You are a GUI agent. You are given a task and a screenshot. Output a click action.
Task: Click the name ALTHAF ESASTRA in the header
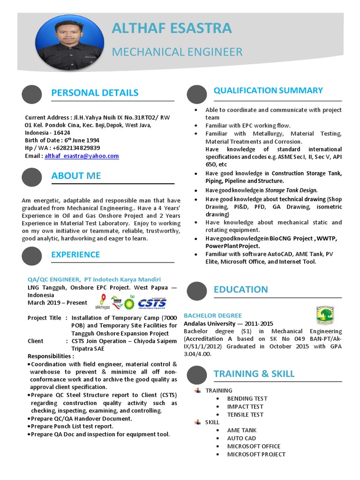point(172,28)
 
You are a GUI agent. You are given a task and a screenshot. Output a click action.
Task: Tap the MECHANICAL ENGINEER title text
point(177,52)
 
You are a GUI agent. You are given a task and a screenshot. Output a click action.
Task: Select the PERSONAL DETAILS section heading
point(95,92)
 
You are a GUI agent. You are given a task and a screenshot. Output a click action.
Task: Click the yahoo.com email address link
point(82,156)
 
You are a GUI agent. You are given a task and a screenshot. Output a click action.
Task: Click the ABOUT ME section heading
point(76,176)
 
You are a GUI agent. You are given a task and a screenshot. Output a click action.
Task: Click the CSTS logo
point(151,302)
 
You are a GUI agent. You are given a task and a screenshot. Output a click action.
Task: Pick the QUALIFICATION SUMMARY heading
point(268,90)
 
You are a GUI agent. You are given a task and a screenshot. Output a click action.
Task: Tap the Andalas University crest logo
point(325,315)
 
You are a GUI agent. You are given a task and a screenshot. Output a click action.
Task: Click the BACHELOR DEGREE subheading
point(213,315)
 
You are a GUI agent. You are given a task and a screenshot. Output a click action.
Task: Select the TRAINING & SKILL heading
point(254,374)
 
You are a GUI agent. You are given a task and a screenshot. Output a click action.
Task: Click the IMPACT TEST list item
point(245,406)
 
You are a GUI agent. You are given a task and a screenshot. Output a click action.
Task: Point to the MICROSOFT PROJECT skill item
point(256,454)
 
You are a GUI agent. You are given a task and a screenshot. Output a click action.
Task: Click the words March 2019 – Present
point(58,302)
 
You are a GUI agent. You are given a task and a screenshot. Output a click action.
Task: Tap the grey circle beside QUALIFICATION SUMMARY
point(196,94)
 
